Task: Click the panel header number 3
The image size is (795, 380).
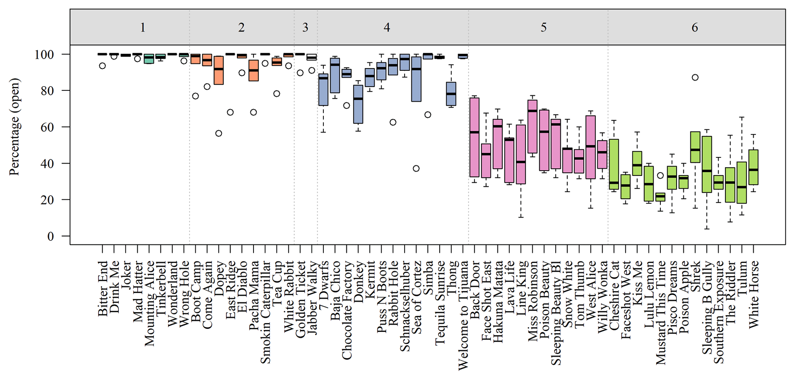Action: coord(305,27)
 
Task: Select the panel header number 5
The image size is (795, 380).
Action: coord(543,27)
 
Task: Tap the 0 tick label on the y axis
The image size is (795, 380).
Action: coord(50,236)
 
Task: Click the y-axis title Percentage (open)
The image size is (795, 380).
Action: coord(14,127)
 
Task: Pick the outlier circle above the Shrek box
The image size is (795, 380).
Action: coord(695,78)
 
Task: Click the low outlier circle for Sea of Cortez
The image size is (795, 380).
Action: coord(416,169)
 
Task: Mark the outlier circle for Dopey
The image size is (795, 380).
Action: coord(218,134)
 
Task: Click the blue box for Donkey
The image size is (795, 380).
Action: coord(358,104)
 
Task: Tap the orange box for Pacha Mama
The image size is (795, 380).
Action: coord(253,70)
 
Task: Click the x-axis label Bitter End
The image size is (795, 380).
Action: coord(103,289)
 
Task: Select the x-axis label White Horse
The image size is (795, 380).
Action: coord(753,295)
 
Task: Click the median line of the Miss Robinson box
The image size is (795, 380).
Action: coord(532,111)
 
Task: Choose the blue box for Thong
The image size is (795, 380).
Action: coord(451,94)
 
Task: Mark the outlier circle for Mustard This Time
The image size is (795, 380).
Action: coord(660,176)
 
